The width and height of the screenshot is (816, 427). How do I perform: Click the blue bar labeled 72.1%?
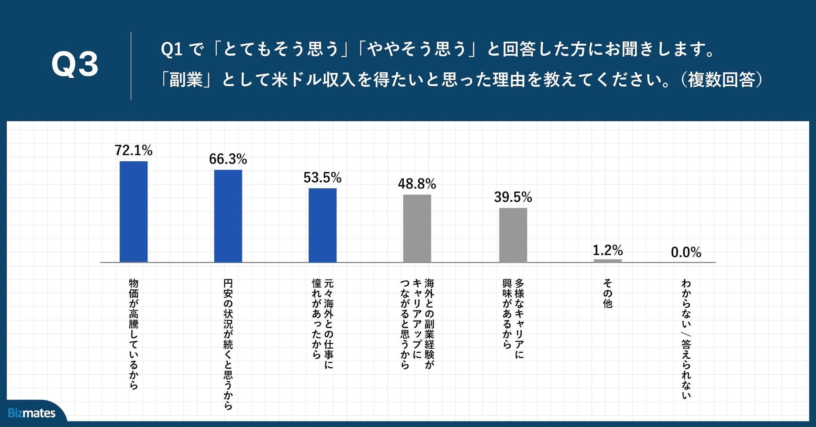coord(133,211)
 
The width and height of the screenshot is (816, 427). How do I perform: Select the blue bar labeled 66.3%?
coord(228,216)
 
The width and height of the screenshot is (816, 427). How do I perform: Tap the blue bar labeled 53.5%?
coord(322,225)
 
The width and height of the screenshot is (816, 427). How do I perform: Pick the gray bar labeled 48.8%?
coord(417,228)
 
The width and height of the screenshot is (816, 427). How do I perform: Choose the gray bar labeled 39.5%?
coord(513,235)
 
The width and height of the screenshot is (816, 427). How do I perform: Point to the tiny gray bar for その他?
coord(607,260)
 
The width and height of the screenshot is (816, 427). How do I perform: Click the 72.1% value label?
coord(133,150)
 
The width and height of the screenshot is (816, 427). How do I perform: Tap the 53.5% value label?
coord(322,177)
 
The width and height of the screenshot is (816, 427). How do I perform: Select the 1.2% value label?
coord(607,250)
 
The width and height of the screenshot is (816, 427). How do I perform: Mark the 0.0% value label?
coord(686,252)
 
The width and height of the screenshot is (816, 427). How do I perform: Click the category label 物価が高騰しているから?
coord(133,334)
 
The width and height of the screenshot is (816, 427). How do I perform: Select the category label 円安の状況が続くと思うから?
coord(228,344)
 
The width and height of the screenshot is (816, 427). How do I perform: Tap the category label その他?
coord(607,293)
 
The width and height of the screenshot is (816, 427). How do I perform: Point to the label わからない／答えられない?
coord(686,339)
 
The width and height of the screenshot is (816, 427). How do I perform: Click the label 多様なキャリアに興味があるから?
coord(513,318)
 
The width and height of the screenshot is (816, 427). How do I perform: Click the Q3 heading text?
coord(75,64)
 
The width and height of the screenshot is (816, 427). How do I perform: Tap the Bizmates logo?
coord(31,413)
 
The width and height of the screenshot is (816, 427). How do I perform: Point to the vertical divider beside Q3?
coord(131,66)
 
